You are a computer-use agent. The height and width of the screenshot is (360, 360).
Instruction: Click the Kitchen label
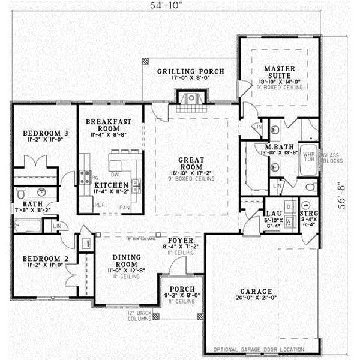pyautogui.click(x=112, y=185)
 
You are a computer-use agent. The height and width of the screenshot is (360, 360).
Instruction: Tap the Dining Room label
pyautogui.click(x=127, y=260)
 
